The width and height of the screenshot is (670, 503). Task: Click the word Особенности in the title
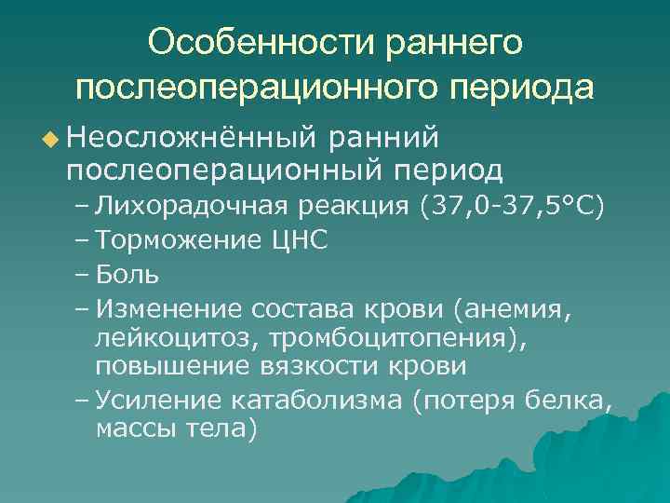pyautogui.click(x=250, y=43)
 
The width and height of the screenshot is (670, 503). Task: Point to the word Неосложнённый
pyautogui.click(x=185, y=138)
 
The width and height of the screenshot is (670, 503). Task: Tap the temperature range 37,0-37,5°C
pyautogui.click(x=517, y=205)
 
